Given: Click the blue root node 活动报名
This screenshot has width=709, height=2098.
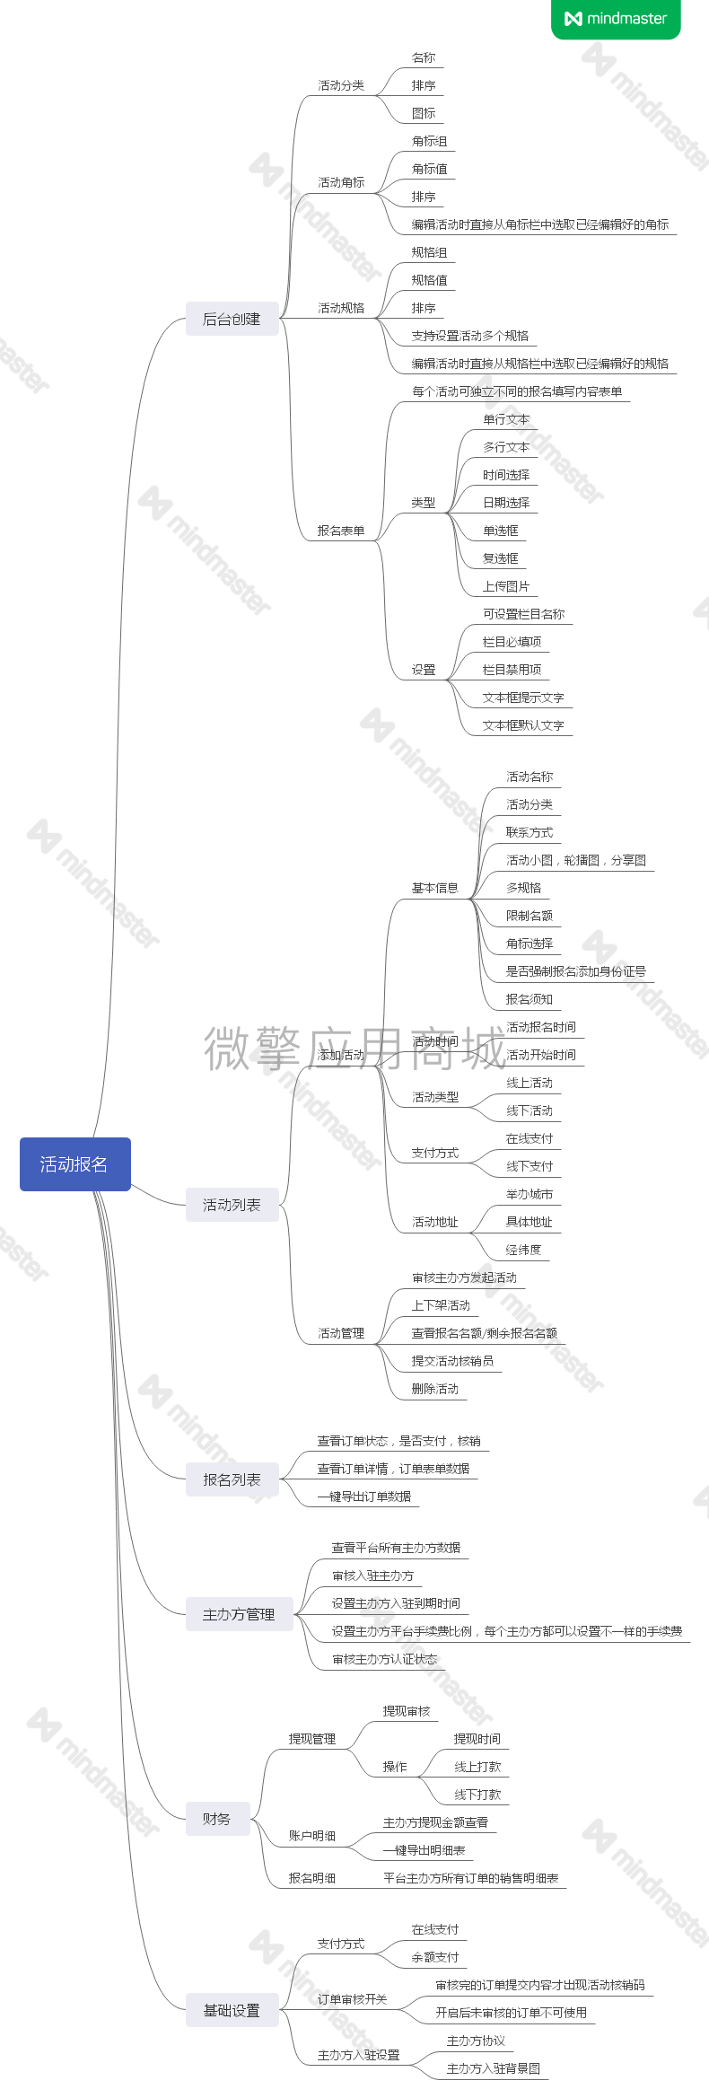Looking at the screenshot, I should click(x=74, y=1164).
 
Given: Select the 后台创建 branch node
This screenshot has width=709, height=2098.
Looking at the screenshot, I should click(x=232, y=320).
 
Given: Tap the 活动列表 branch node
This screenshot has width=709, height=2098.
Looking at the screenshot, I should click(x=232, y=1205).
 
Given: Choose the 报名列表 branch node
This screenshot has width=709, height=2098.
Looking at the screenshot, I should click(x=232, y=1479).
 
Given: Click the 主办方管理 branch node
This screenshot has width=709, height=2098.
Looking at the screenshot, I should click(x=239, y=1614).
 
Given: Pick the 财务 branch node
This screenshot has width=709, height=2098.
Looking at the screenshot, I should click(x=217, y=1819).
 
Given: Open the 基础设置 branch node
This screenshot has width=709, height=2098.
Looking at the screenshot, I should click(x=232, y=2010).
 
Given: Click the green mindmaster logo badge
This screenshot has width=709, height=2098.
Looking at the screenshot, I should click(x=616, y=19).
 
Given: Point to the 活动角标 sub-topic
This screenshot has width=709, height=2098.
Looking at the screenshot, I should click(x=341, y=182).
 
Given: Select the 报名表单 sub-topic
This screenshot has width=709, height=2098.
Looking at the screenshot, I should click(x=341, y=531).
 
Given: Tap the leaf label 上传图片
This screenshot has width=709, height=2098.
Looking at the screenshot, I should click(x=506, y=586).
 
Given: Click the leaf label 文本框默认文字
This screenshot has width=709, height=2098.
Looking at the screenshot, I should click(x=523, y=725).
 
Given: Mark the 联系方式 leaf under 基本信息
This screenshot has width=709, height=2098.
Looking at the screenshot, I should click(x=530, y=832).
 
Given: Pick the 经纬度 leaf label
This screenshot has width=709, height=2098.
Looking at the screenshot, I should click(x=523, y=1250).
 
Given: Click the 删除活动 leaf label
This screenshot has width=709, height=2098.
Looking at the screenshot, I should click(x=435, y=1389).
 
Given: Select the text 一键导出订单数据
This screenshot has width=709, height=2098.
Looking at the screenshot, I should click(x=364, y=1497).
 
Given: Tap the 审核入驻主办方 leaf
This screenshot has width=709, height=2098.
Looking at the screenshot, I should click(x=373, y=1576).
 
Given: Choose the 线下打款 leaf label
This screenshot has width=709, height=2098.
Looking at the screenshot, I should click(x=477, y=1795).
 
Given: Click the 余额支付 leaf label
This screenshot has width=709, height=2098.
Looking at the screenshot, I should click(x=435, y=1957).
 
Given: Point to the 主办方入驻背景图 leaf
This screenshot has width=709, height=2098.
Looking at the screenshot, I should click(x=494, y=2068).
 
